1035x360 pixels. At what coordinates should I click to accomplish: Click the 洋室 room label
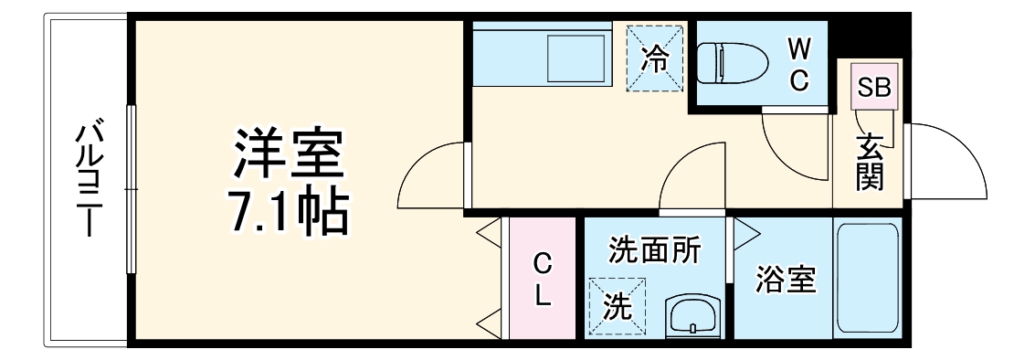[289, 154]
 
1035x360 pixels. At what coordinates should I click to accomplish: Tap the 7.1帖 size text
[289, 214]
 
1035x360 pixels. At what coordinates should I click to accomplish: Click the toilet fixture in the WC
[733, 63]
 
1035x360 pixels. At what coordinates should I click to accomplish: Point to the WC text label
[799, 64]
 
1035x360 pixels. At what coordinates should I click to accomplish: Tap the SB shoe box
[874, 87]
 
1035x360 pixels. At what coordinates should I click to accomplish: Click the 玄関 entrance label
[870, 162]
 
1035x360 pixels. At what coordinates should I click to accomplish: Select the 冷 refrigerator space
[654, 58]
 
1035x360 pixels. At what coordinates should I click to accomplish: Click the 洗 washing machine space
[618, 307]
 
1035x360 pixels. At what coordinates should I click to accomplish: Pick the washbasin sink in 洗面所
[692, 316]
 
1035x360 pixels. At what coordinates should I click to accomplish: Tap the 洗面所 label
[654, 250]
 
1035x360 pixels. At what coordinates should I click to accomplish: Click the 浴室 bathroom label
[787, 281]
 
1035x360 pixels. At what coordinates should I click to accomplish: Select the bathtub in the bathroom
[867, 278]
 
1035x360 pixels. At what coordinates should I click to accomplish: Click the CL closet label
[542, 281]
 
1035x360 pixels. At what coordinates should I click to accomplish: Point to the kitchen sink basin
[576, 58]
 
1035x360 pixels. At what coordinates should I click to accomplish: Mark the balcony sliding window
[132, 189]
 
